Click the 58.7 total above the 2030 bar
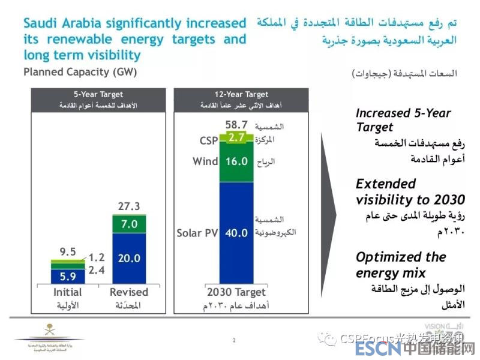[x=236, y=125]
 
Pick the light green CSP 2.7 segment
[x=236, y=138]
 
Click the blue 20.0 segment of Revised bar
[x=129, y=258]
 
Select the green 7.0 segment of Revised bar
[x=129, y=224]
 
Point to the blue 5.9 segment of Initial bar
[x=68, y=277]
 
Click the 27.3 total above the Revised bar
[x=129, y=206]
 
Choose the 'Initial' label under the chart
[x=67, y=292]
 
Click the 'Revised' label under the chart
[x=128, y=292]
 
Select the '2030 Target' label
[x=236, y=292]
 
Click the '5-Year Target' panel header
[x=98, y=95]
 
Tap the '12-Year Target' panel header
[x=241, y=95]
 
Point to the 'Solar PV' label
[x=196, y=233]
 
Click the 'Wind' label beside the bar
[x=205, y=161]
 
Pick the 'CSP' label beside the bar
[x=209, y=141]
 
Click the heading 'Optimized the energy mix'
[x=401, y=265]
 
